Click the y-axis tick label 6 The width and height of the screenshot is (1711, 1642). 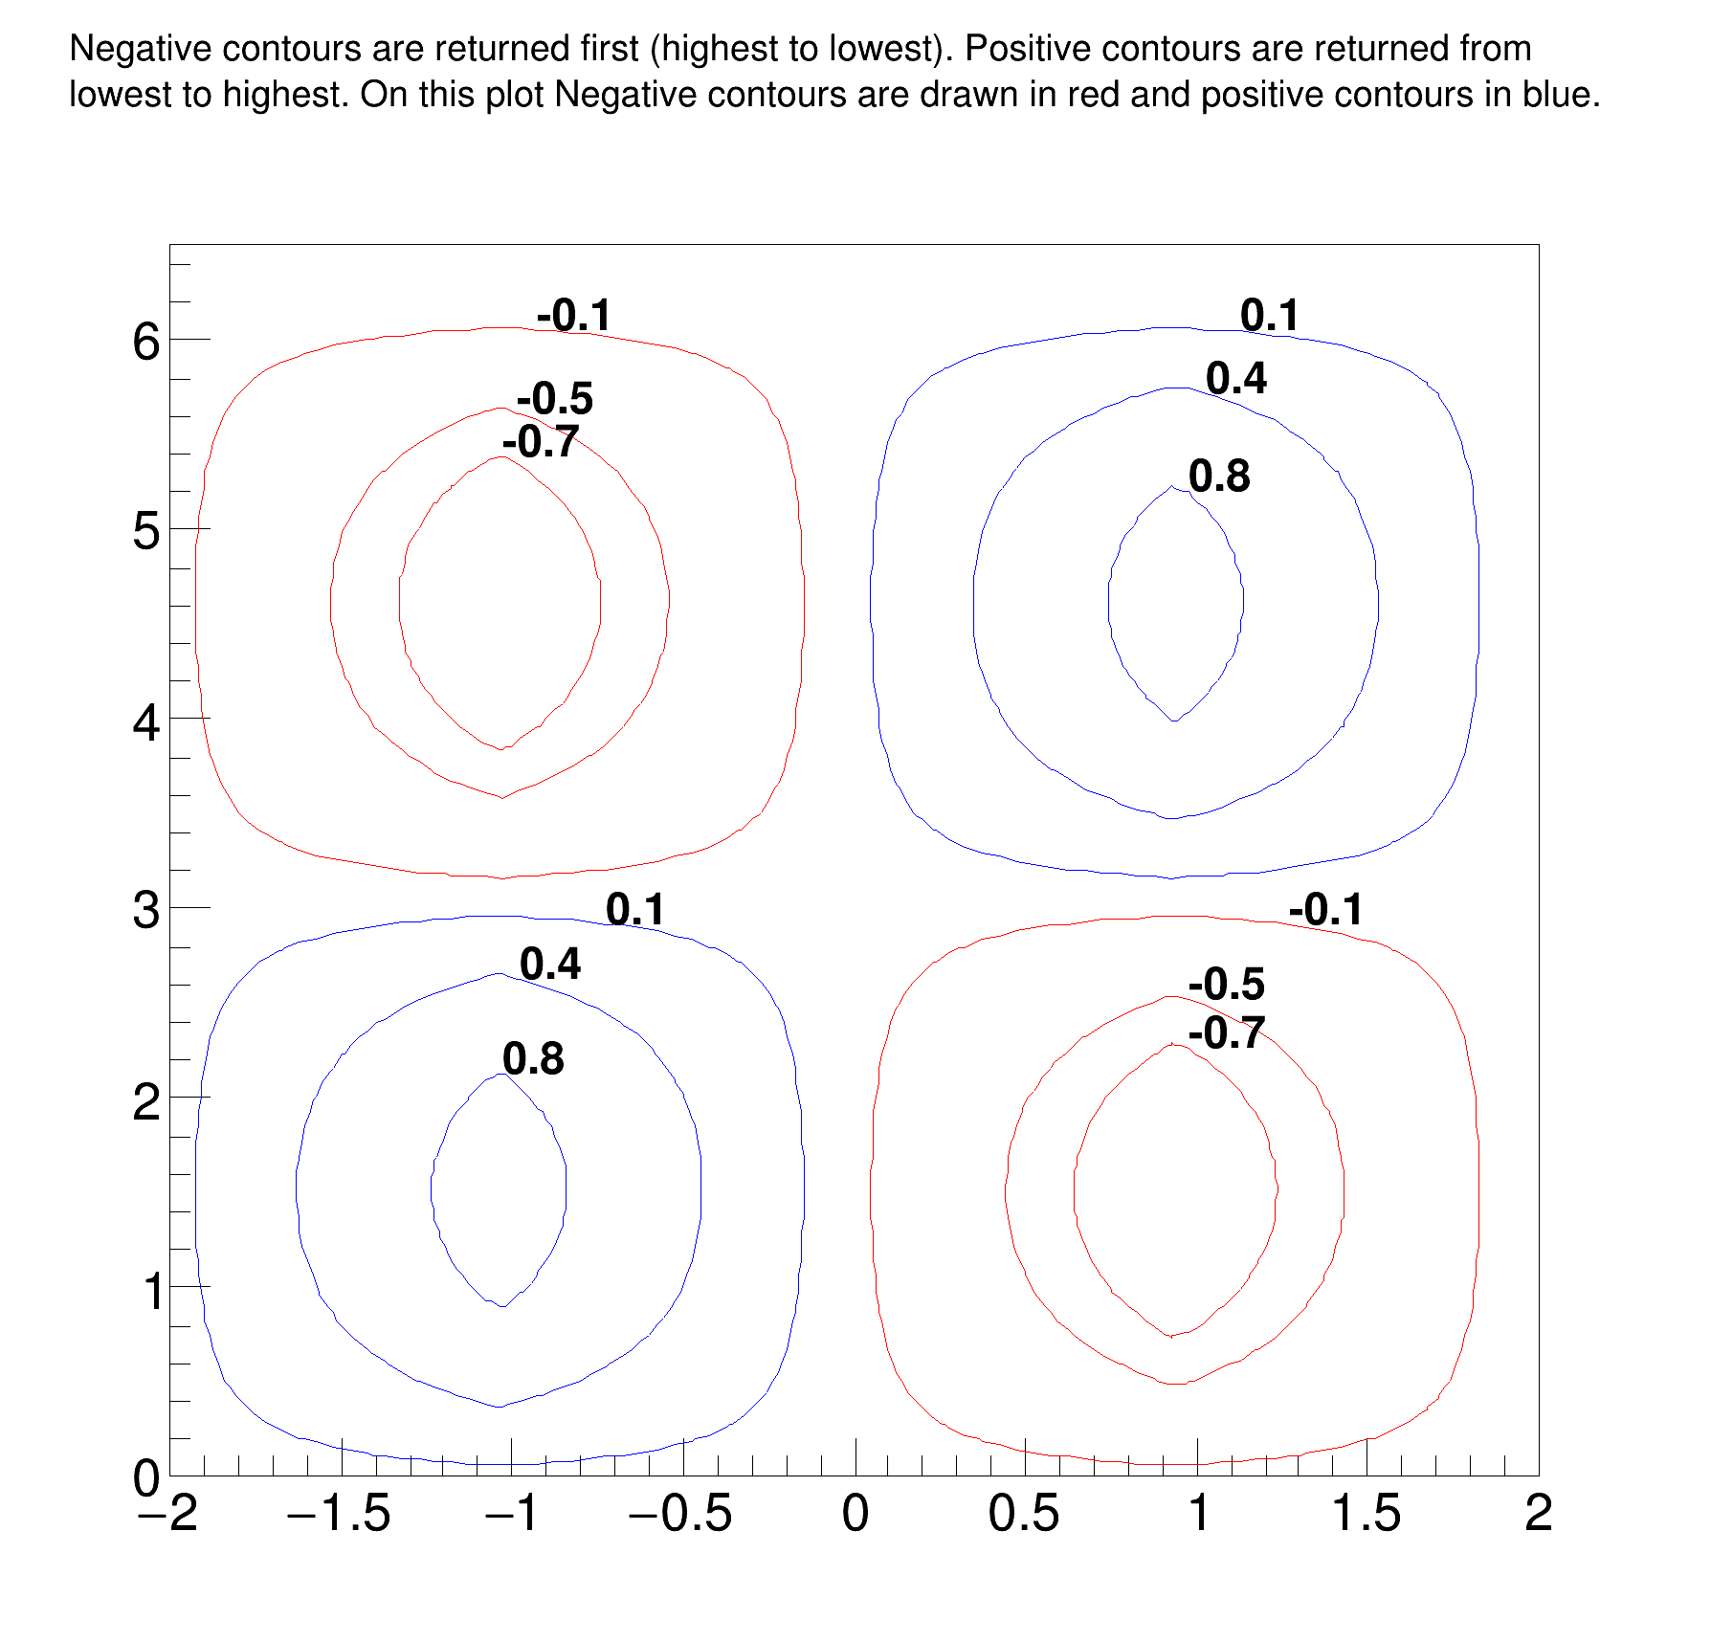(146, 342)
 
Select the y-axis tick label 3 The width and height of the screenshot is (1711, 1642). (146, 910)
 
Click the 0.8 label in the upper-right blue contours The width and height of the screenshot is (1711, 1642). (1219, 477)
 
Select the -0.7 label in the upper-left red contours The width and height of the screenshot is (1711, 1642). (541, 442)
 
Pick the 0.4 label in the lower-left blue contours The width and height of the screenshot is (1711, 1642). (550, 965)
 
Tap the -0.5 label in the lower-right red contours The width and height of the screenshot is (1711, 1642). (1227, 985)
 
